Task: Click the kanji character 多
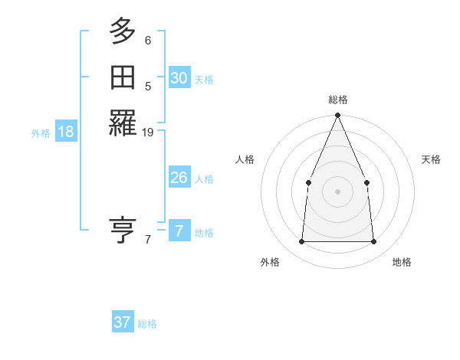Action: click(x=123, y=31)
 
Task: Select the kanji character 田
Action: click(x=123, y=78)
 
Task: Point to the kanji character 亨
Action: click(x=123, y=230)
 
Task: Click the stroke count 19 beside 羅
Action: click(x=148, y=133)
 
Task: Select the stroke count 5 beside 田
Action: click(x=148, y=87)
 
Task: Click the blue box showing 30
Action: click(x=179, y=78)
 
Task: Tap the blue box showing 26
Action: click(x=179, y=178)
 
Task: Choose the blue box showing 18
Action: click(x=66, y=132)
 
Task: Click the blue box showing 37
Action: click(x=123, y=322)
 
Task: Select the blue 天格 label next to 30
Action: click(x=204, y=80)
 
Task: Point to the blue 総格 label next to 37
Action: click(x=147, y=324)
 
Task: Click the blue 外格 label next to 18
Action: click(x=41, y=133)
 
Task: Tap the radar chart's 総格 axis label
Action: click(x=337, y=100)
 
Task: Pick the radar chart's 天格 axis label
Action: click(x=432, y=159)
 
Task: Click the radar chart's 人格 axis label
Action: click(x=245, y=159)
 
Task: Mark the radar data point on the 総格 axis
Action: click(x=337, y=116)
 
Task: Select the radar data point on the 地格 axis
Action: click(x=373, y=241)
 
